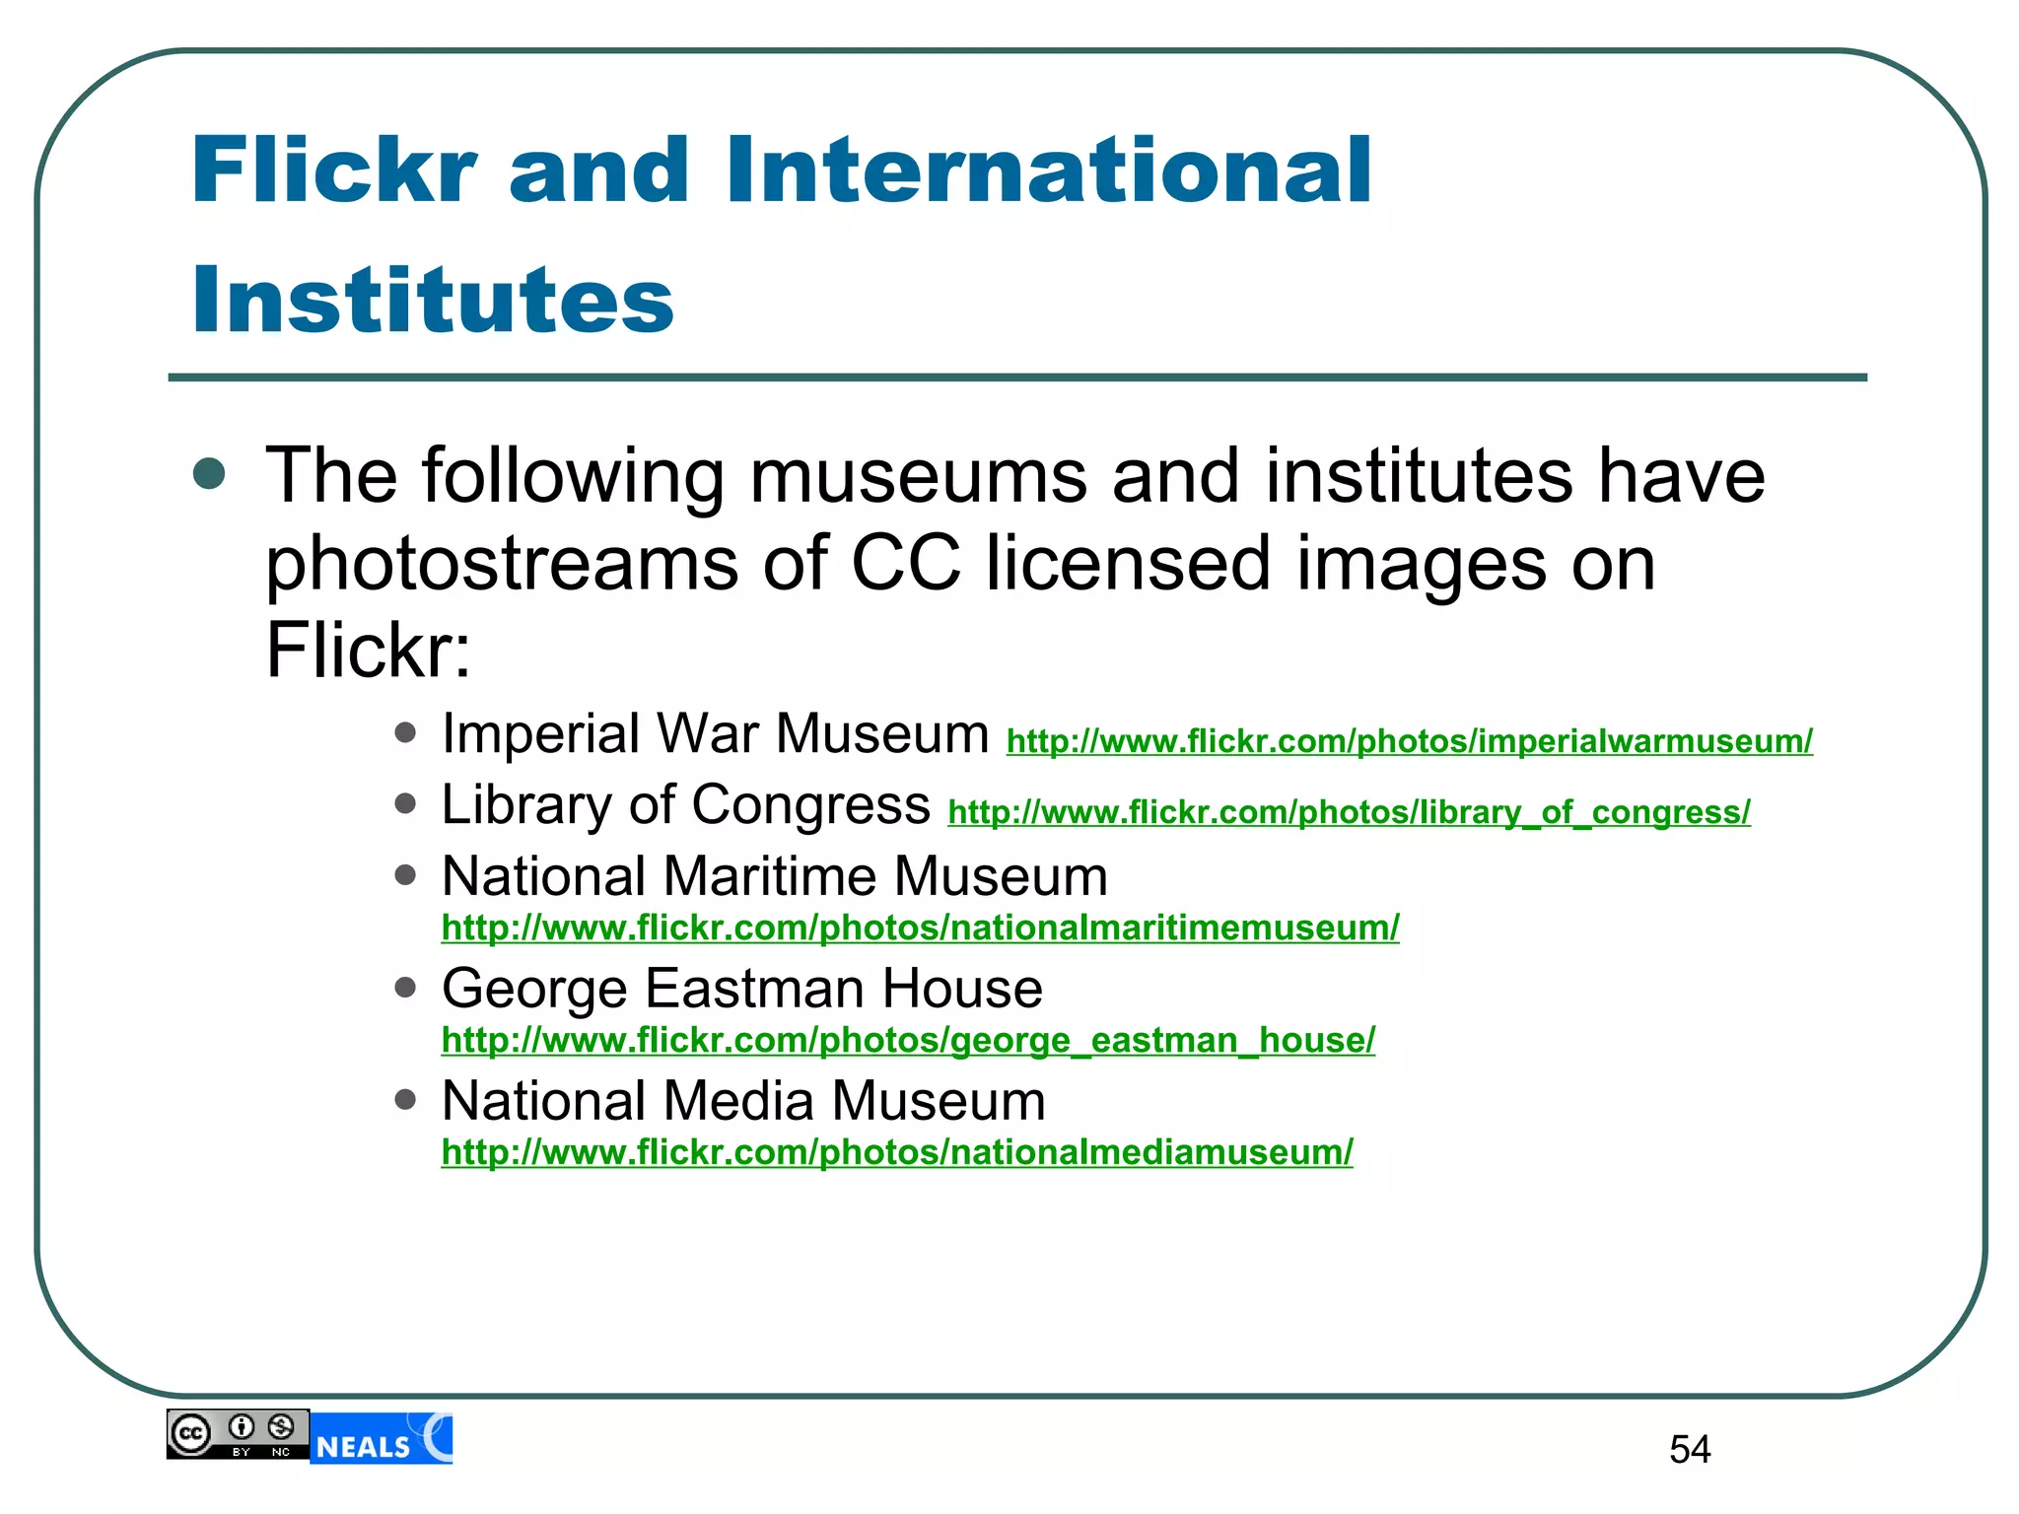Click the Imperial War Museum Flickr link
pos(1409,741)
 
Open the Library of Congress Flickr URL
pos(1349,812)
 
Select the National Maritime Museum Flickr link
pos(920,928)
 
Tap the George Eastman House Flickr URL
pos(908,1040)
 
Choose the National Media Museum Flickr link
pos(897,1152)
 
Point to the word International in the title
pos(1049,172)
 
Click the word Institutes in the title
pos(433,300)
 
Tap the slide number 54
pos(1690,1449)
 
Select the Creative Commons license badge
pos(238,1434)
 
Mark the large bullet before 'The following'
pos(209,474)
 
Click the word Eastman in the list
pos(752,988)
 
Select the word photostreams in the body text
pos(502,564)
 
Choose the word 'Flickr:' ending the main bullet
pos(369,651)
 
